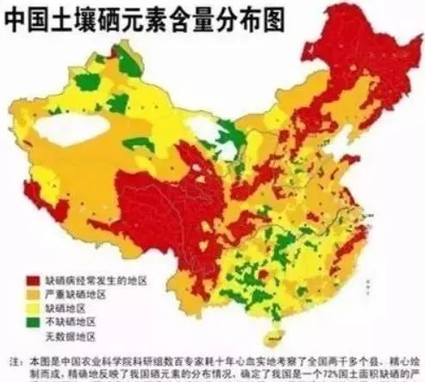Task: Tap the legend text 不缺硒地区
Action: [70, 322]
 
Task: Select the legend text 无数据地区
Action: [70, 335]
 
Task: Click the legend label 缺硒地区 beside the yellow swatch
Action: [66, 308]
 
